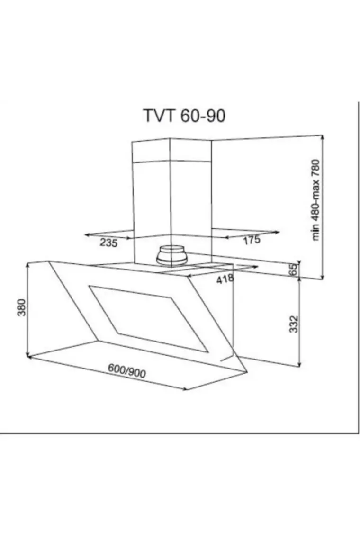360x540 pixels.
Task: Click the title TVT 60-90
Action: (x=184, y=116)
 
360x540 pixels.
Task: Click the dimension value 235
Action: (x=108, y=243)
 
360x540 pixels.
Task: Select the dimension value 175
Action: (x=252, y=240)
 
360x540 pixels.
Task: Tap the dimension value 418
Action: (x=225, y=279)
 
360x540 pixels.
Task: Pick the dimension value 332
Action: (x=294, y=324)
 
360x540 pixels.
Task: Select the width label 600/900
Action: (x=126, y=370)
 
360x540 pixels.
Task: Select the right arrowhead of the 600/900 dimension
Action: (x=185, y=389)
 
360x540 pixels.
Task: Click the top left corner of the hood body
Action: (x=48, y=261)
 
